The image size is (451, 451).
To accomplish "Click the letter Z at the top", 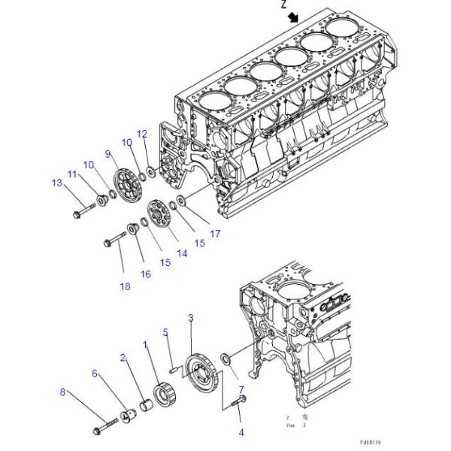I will click(283, 4).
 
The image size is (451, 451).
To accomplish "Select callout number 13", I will click(56, 183).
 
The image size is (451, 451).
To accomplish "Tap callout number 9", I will click(108, 154).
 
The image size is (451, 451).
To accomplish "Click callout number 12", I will click(141, 135).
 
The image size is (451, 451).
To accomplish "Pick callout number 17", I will click(215, 234).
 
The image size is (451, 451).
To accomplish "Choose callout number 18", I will click(125, 286).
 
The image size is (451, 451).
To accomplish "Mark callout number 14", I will click(182, 254).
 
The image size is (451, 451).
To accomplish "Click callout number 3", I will click(191, 318).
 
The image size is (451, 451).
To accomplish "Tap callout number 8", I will click(63, 391).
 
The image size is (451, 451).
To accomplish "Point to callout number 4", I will click(241, 432).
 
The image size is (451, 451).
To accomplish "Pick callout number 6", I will click(95, 373).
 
